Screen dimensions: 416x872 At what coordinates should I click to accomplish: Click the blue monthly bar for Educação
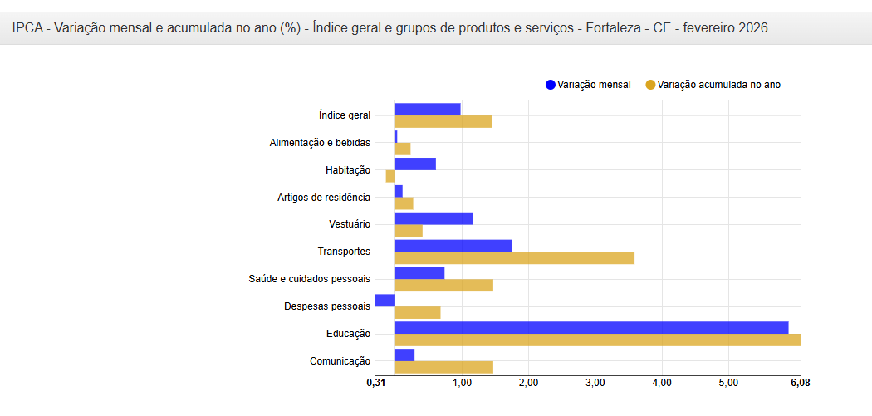(591, 327)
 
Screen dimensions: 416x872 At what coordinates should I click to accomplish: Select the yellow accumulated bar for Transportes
(514, 258)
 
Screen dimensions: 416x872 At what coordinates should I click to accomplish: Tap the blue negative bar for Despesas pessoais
(385, 300)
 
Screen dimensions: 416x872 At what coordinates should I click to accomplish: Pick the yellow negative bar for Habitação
(390, 176)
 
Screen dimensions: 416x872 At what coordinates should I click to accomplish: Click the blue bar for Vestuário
(434, 218)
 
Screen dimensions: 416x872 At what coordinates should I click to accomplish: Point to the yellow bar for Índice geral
(443, 122)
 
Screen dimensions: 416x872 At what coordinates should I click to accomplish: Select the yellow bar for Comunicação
(443, 367)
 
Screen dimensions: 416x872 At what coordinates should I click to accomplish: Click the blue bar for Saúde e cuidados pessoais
(419, 272)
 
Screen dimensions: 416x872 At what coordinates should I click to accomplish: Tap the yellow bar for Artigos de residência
(404, 203)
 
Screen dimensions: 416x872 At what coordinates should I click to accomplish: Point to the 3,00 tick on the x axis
(595, 383)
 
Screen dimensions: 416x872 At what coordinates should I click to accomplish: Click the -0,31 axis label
(375, 383)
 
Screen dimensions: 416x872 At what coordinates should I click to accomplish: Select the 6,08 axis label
(800, 383)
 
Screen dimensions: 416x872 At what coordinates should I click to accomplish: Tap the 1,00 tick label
(462, 383)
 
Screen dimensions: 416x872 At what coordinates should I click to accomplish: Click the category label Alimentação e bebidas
(320, 143)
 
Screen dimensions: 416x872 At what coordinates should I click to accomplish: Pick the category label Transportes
(344, 252)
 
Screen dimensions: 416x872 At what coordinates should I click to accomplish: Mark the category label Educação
(348, 334)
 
